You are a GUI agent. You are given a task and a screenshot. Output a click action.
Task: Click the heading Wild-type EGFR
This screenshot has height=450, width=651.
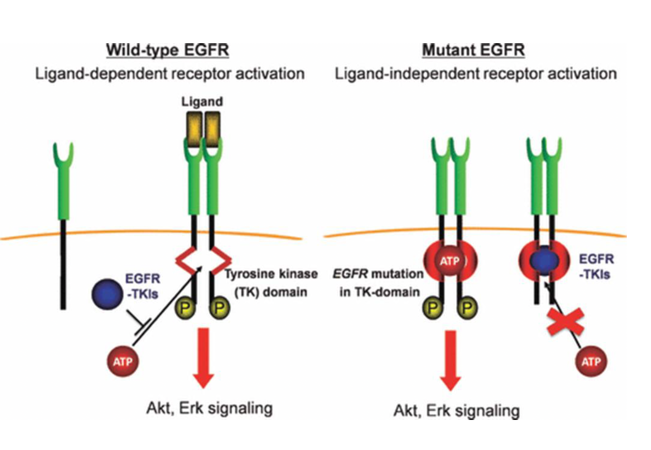(167, 50)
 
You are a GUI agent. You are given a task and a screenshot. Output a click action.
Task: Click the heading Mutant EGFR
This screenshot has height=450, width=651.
(473, 50)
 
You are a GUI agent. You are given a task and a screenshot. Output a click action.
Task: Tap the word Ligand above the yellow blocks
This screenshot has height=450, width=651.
(202, 102)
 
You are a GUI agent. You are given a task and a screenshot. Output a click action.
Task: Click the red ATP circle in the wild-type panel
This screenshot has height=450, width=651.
(122, 361)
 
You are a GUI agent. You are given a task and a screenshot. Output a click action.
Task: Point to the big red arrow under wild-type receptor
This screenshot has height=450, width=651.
(204, 356)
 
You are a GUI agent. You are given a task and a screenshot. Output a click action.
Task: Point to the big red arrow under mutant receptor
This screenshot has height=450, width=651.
(451, 359)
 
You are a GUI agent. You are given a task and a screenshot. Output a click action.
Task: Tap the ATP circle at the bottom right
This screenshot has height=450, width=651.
(590, 361)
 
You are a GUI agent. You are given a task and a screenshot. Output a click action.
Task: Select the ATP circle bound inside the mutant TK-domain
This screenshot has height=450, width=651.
(450, 262)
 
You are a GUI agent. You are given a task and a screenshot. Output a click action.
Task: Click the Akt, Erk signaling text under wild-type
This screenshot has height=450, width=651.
(209, 408)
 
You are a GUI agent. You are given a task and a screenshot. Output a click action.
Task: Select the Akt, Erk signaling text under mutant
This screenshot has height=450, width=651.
(456, 411)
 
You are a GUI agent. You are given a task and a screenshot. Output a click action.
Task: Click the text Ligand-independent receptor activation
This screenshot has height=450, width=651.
(476, 74)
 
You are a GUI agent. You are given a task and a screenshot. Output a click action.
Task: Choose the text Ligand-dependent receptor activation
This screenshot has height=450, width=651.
(170, 74)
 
